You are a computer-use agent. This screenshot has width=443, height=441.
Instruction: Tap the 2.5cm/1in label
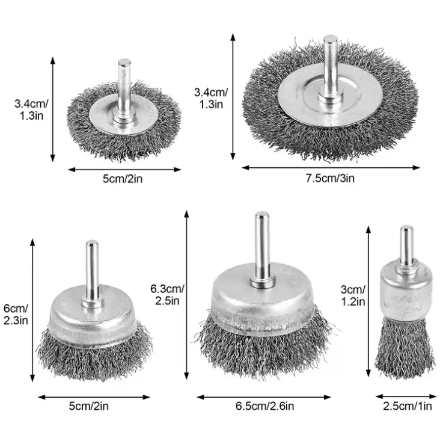pyautogui.click(x=408, y=407)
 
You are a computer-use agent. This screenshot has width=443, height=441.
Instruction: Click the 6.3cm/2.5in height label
pyautogui.click(x=168, y=294)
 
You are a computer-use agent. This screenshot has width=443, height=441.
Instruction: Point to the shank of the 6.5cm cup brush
pyautogui.click(x=261, y=244)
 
